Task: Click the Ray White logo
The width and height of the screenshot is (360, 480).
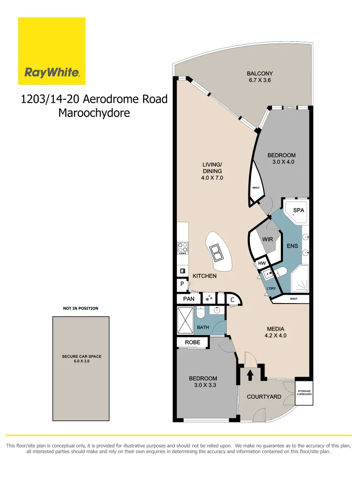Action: click(52, 51)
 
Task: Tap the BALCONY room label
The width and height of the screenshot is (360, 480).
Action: click(260, 74)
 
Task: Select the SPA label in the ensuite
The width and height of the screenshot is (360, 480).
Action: click(299, 210)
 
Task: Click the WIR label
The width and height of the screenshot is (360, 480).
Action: click(267, 239)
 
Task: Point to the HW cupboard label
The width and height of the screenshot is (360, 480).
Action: click(262, 264)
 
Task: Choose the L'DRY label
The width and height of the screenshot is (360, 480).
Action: click(271, 288)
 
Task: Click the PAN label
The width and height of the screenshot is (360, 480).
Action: click(189, 299)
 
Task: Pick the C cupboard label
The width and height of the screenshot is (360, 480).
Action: click(232, 300)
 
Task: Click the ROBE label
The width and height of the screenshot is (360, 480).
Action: click(192, 342)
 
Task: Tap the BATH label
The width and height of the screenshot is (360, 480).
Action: click(203, 328)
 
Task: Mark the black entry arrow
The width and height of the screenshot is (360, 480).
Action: click(250, 375)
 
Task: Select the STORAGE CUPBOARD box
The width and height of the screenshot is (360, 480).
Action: click(304, 393)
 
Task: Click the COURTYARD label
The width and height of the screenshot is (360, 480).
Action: click(264, 396)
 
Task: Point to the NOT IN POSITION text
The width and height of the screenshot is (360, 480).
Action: click(80, 308)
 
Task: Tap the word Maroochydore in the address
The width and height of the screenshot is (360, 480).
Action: click(94, 113)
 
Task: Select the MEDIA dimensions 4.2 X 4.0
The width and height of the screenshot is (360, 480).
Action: click(276, 336)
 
